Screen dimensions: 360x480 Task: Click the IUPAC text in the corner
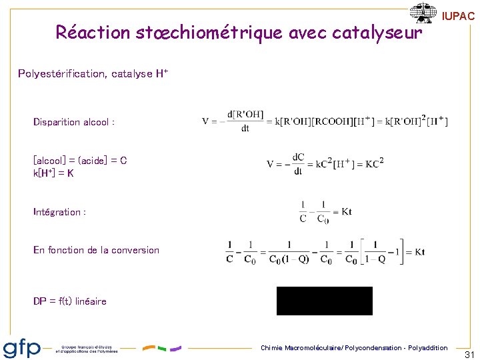[459, 17]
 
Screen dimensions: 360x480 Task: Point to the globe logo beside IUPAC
[423, 13]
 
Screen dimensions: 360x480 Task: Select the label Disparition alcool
[74, 122]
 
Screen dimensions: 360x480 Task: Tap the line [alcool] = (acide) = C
[80, 161]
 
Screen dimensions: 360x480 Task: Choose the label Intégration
[59, 212]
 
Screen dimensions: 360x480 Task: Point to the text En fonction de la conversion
[96, 250]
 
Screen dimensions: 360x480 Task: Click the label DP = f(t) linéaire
[69, 301]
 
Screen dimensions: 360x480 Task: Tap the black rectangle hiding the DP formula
[325, 301]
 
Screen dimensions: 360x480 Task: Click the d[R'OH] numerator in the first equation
[245, 114]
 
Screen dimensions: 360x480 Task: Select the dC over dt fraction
[297, 164]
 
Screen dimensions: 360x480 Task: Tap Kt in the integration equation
[345, 212]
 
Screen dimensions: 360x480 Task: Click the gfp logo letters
[22, 348]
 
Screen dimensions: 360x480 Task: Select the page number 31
[469, 355]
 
